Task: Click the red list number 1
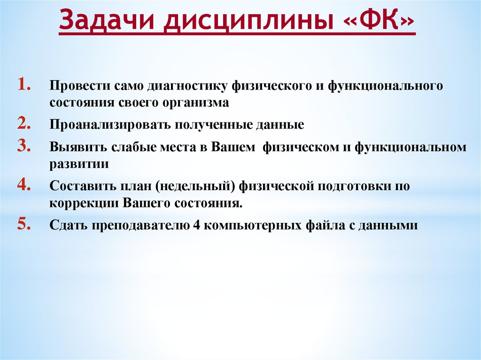(x=24, y=84)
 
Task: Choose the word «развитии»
(x=79, y=165)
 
